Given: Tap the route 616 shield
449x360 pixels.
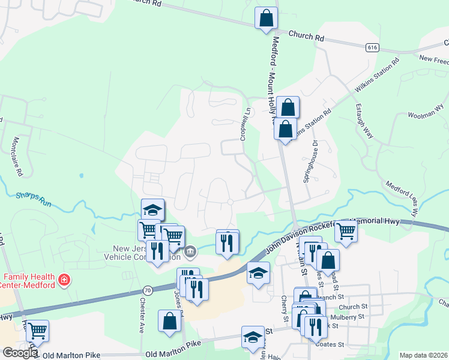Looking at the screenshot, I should click(373, 47).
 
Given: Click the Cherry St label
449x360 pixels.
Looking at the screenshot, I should click(284, 307).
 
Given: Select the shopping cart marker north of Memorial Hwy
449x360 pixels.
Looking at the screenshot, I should click(346, 231).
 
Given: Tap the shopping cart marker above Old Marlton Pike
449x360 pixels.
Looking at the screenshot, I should click(37, 330).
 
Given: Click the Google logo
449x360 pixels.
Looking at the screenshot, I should click(20, 353).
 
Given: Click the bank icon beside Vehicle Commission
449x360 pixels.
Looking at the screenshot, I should click(190, 251).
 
